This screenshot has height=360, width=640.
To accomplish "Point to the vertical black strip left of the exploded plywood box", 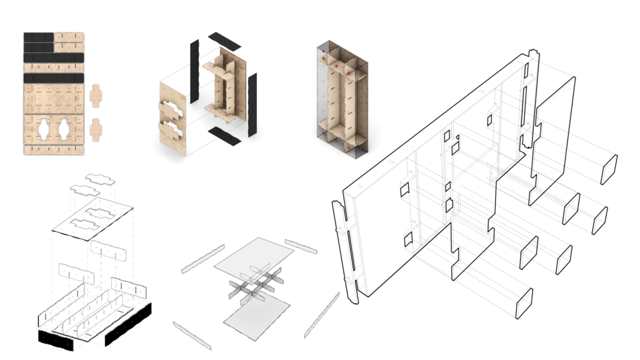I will [194, 62].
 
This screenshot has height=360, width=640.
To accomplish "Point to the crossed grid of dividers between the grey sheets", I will [252, 284].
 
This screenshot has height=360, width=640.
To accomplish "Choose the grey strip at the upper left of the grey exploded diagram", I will [203, 259].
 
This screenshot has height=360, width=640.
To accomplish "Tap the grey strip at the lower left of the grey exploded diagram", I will [191, 335].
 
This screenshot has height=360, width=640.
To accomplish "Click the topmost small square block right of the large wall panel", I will [609, 169].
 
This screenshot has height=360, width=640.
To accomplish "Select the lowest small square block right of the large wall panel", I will [524, 304].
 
